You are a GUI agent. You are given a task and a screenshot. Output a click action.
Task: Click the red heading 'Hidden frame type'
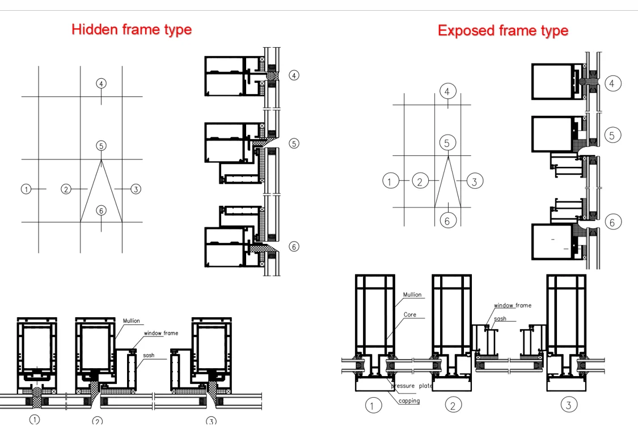[132, 29]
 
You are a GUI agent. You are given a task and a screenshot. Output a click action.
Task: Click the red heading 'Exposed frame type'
[503, 31]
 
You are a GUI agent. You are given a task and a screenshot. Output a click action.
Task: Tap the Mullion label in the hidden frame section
[132, 321]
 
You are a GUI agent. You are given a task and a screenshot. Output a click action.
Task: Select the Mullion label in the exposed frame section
[412, 294]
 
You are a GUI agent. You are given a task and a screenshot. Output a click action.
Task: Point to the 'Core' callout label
[409, 314]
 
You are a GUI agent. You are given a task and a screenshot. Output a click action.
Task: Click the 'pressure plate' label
[412, 386]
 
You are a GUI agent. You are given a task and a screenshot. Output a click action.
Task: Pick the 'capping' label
[409, 401]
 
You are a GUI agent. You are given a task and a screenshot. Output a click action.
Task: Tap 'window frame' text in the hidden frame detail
[161, 333]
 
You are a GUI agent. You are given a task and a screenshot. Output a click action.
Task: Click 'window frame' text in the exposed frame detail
[513, 305]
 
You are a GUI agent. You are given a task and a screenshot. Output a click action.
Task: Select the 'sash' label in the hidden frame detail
[149, 355]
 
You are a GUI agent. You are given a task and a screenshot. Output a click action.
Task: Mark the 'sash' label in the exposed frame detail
[500, 318]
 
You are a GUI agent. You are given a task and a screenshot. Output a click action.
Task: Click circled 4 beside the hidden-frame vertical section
[294, 75]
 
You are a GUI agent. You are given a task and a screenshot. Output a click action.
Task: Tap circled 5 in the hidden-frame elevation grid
[101, 146]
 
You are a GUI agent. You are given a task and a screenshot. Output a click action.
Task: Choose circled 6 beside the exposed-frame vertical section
[613, 222]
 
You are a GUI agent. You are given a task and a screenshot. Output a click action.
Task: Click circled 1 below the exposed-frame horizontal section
[373, 405]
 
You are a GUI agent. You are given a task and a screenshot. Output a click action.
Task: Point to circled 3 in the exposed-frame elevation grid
[475, 181]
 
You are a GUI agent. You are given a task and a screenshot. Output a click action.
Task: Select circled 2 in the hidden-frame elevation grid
[66, 189]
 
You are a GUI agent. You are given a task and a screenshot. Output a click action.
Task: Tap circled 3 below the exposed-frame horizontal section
[569, 404]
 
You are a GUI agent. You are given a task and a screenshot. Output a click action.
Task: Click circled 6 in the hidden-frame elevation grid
[102, 210]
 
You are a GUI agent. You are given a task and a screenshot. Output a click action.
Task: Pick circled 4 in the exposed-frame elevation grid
[448, 91]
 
